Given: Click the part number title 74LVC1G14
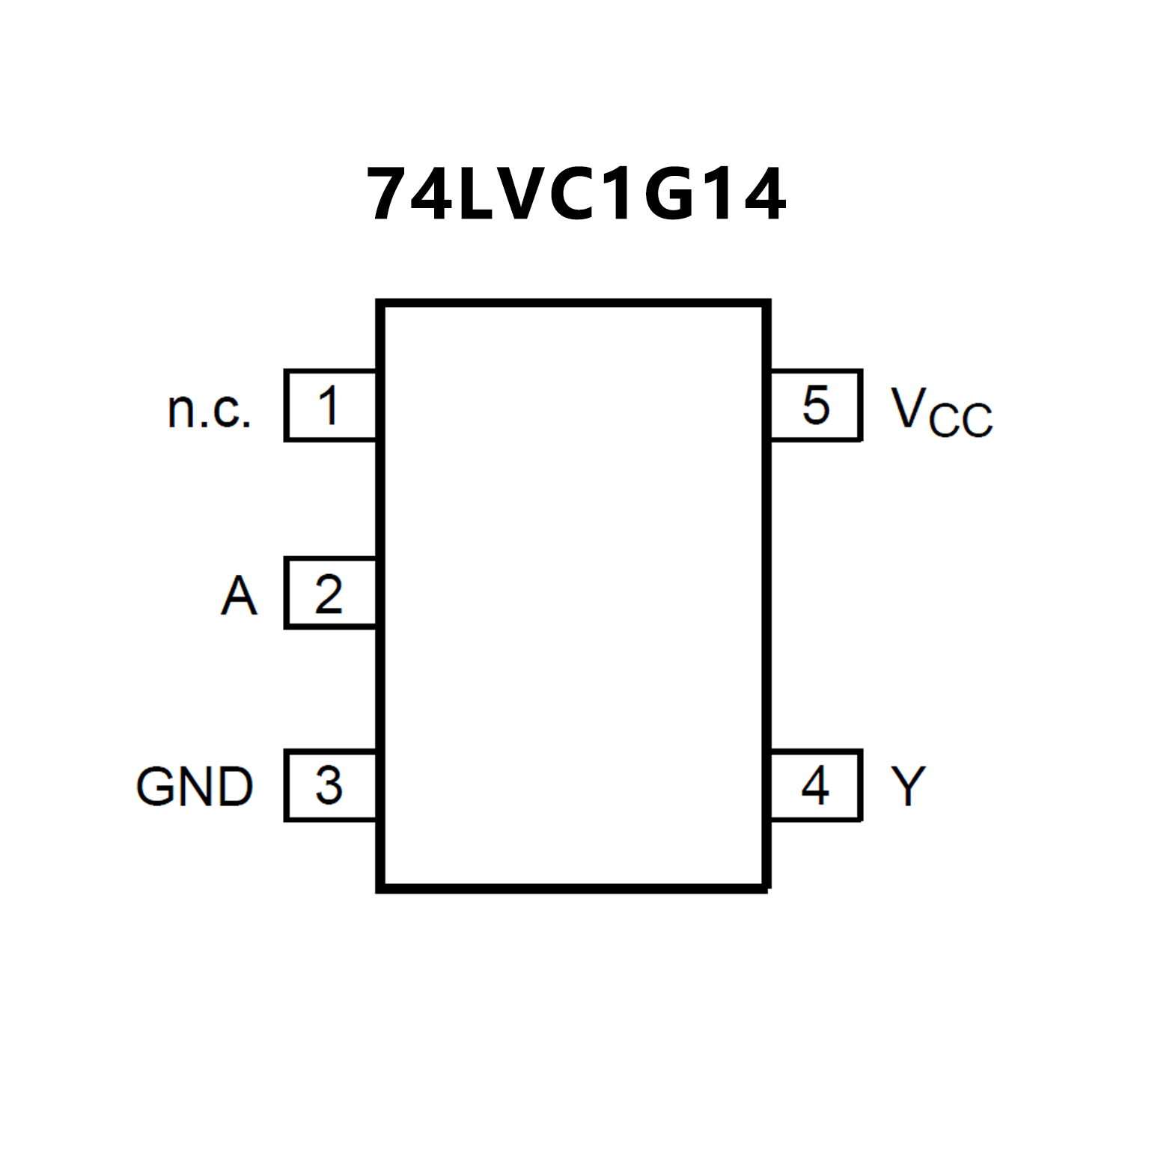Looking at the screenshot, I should click(x=576, y=195).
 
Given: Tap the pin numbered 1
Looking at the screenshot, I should click(x=329, y=406).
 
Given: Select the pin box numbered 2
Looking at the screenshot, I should click(x=329, y=594).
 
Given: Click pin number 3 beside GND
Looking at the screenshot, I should click(x=329, y=785).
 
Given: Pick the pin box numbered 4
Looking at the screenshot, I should click(x=816, y=785).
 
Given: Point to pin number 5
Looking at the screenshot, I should click(x=816, y=406).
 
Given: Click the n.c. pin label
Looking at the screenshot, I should click(x=209, y=410).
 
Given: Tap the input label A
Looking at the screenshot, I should click(x=239, y=596).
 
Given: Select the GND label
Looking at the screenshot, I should click(x=195, y=787).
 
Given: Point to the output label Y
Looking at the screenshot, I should click(x=908, y=786).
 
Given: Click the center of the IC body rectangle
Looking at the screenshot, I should click(x=574, y=596).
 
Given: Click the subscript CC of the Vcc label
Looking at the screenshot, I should click(x=960, y=420).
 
